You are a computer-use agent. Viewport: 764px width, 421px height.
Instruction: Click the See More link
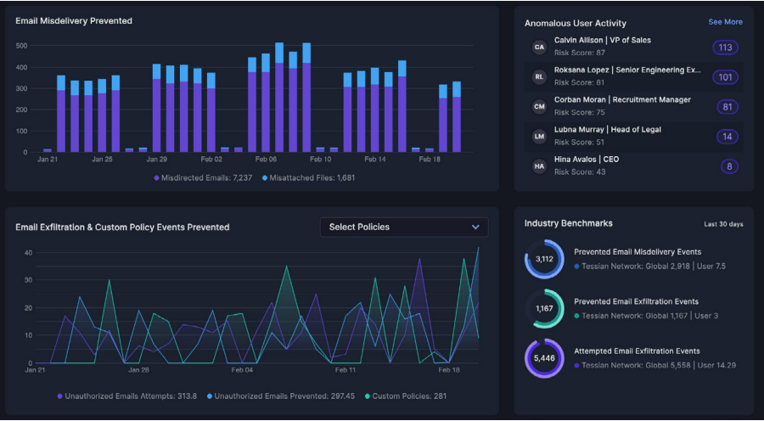coord(725,22)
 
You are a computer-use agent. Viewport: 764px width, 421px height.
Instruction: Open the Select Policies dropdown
coord(404,227)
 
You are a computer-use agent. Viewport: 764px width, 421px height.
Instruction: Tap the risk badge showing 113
coord(725,48)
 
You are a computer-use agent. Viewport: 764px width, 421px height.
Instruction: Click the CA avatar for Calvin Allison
coord(539,48)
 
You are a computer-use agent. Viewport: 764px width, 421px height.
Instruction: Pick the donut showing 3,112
coord(544,259)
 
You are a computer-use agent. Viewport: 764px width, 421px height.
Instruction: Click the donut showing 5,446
coord(544,358)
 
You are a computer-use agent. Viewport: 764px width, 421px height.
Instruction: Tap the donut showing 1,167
coord(544,309)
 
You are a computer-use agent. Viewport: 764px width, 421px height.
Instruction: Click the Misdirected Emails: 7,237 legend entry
coord(204,178)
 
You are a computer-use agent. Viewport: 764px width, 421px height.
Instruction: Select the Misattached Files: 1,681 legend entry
coord(308,178)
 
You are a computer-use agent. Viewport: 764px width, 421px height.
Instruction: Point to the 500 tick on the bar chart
coord(22,46)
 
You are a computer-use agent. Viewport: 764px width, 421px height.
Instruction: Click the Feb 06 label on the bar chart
coord(266,160)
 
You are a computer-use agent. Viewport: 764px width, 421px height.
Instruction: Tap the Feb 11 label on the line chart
coord(345,371)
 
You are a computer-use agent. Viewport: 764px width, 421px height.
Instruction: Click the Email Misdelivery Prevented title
coord(74,20)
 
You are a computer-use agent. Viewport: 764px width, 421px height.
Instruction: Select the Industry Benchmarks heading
coord(568,223)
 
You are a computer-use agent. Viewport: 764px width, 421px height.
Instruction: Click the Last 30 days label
coord(723,224)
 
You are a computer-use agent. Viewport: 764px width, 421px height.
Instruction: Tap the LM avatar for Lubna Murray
coord(539,137)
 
